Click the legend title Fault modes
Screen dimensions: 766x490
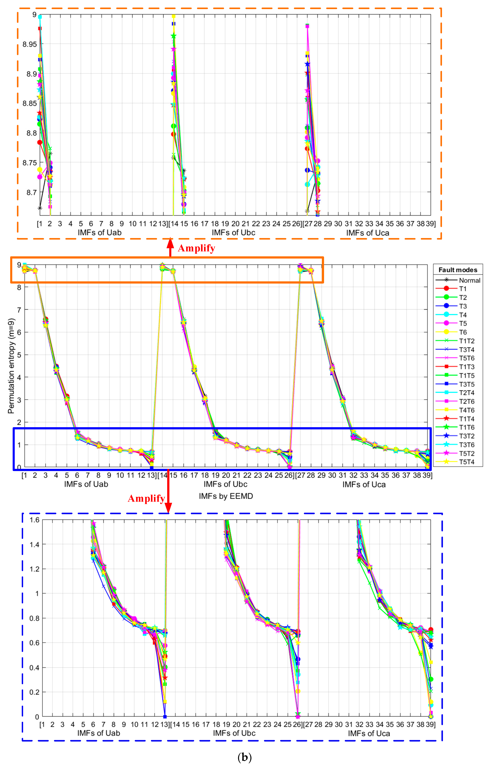[458, 270]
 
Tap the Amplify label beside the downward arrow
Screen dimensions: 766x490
[146, 498]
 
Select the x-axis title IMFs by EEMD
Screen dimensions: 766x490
[226, 496]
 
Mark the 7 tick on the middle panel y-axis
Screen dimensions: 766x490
[19, 310]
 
